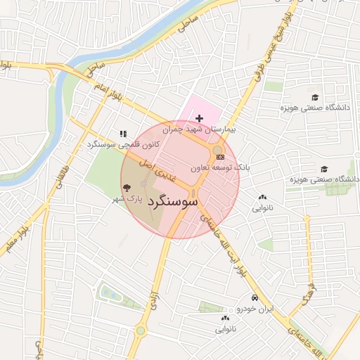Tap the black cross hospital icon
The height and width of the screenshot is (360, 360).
pyautogui.click(x=200, y=118)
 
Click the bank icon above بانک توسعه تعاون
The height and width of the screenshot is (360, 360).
pyautogui.click(x=221, y=157)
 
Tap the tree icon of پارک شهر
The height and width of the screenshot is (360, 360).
pyautogui.click(x=127, y=188)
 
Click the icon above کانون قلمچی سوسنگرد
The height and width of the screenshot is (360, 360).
pyautogui.click(x=123, y=133)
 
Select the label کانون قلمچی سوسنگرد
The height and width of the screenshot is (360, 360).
pyautogui.click(x=123, y=144)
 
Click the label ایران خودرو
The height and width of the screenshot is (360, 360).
pyautogui.click(x=253, y=309)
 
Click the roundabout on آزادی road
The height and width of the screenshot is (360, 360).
pyautogui.click(x=141, y=330)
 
